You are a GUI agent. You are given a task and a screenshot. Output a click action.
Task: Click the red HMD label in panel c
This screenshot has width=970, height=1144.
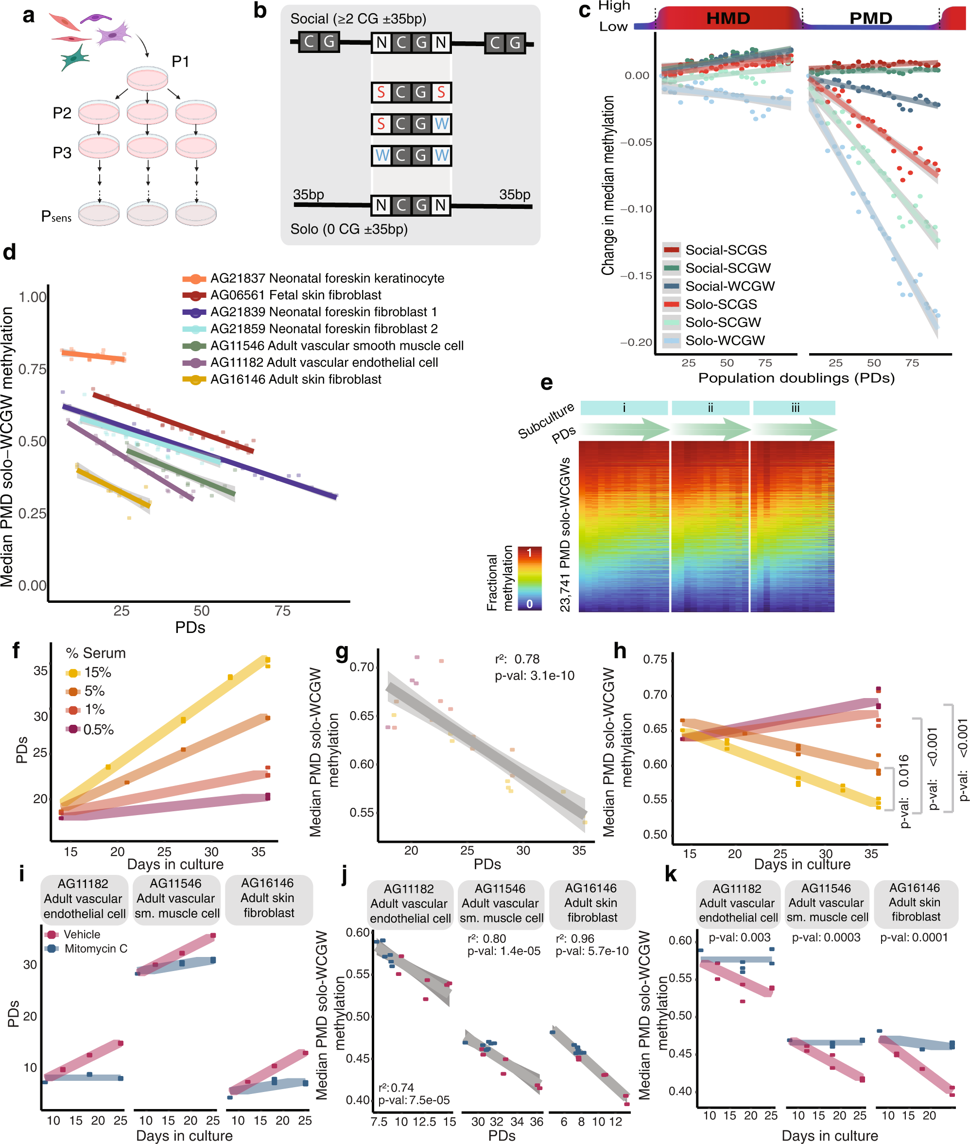coord(727,18)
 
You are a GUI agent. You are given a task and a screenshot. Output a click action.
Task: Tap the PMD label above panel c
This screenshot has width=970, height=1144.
coord(870,18)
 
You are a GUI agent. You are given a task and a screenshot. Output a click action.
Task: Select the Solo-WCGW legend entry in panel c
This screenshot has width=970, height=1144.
coord(724,341)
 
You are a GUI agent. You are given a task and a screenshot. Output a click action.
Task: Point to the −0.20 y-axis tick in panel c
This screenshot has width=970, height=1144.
coord(636,342)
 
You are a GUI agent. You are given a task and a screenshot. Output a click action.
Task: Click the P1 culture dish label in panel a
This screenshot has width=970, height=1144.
coord(180,62)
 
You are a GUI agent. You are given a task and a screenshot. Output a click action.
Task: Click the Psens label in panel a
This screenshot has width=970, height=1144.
coord(56,217)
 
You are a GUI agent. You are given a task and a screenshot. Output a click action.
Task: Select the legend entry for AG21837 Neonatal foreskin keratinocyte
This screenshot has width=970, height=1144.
coord(327,278)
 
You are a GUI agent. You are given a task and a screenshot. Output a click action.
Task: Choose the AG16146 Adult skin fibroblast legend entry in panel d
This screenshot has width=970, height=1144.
coord(295,379)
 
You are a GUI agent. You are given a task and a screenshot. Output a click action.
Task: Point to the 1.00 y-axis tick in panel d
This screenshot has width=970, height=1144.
coord(33,297)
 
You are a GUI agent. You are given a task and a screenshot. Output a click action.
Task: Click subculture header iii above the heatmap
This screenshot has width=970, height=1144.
coord(795,408)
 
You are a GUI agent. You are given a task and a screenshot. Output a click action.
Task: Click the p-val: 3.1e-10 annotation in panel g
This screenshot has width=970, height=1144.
coord(535,675)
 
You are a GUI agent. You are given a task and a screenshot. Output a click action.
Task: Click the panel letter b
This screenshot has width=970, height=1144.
coord(260,11)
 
